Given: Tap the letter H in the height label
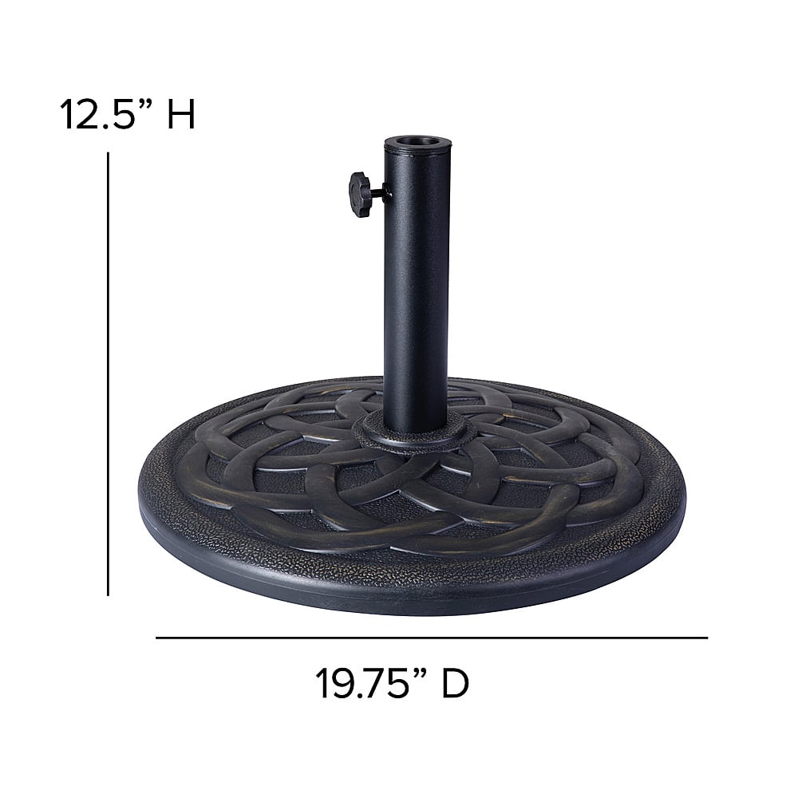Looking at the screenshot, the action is click(182, 114).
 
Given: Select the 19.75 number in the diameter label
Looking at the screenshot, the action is click(361, 683).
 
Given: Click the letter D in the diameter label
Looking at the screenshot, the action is click(455, 683).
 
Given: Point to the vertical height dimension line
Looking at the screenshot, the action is click(108, 374).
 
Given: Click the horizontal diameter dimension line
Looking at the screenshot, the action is click(432, 638).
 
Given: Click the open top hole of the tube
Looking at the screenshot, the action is click(417, 140).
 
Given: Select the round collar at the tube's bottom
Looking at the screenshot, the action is click(415, 432).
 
